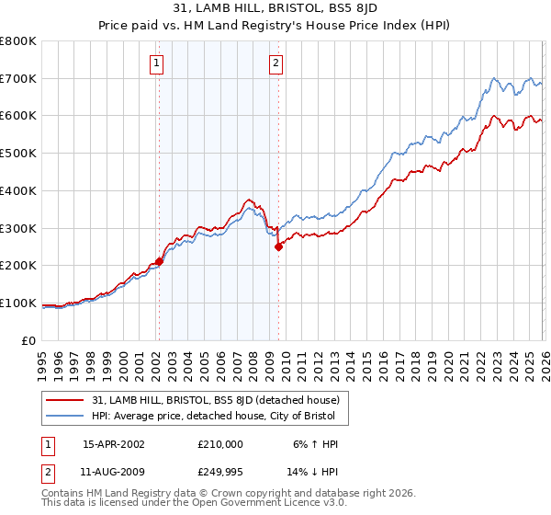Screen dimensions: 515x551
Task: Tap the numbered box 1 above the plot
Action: [x=157, y=63]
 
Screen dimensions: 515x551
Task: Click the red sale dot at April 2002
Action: [x=159, y=261]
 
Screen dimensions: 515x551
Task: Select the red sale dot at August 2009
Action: [x=278, y=246]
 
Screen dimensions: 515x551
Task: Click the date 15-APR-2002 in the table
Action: [x=114, y=443]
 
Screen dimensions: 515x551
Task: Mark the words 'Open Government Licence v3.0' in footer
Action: [x=267, y=504]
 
